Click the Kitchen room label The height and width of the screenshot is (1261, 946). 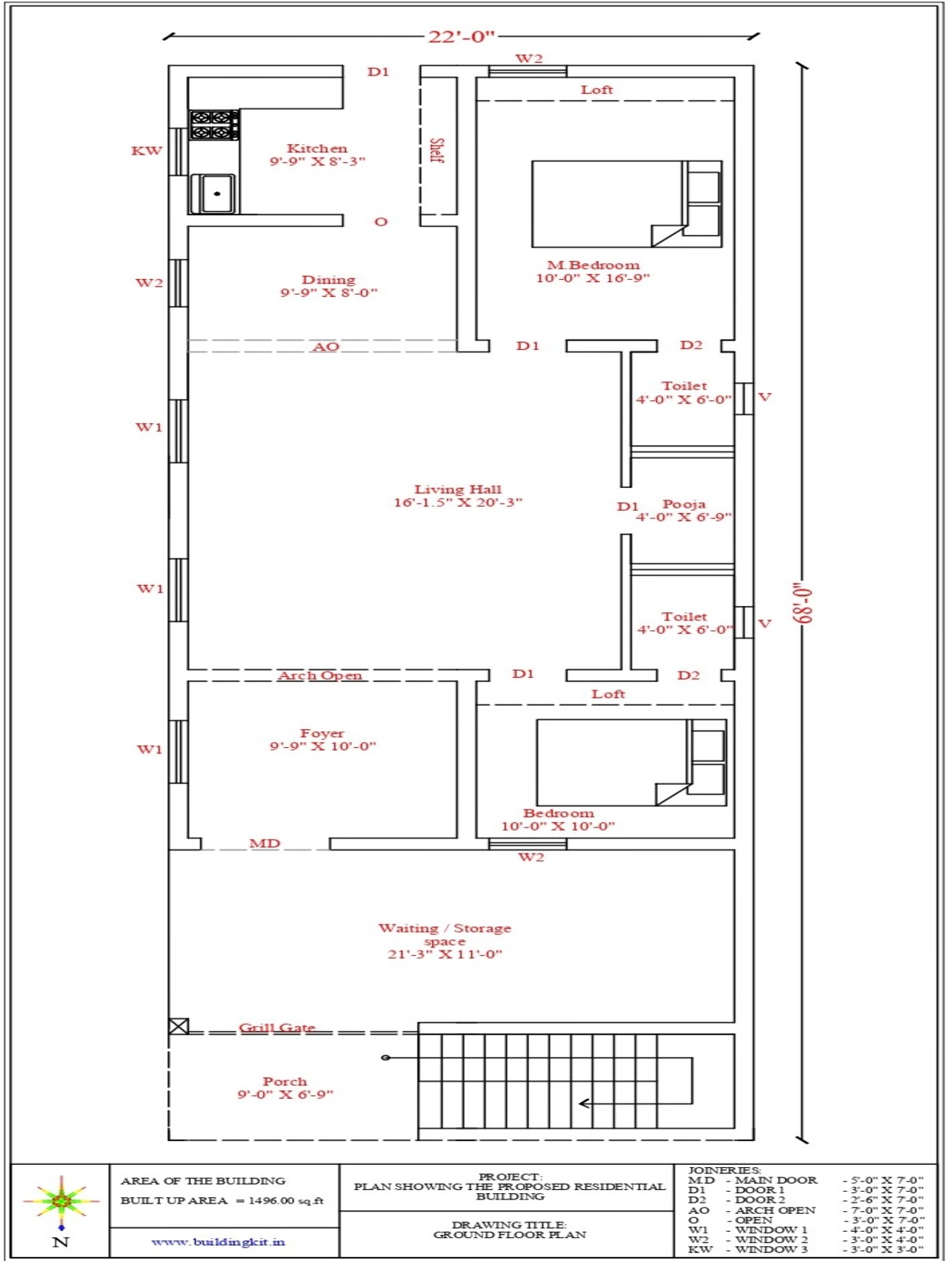[317, 148]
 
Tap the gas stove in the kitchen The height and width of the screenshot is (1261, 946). [214, 125]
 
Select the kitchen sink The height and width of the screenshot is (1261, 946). [213, 194]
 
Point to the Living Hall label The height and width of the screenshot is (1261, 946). [458, 489]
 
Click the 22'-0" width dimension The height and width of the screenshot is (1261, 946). [461, 37]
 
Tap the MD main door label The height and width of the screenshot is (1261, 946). [265, 843]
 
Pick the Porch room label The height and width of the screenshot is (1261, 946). [285, 1081]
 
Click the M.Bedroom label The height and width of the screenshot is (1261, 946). [594, 265]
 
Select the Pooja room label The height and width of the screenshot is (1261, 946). [684, 504]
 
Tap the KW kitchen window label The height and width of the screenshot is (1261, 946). [147, 151]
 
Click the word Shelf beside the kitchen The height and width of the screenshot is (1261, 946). [437, 151]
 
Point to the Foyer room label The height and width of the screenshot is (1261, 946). [322, 733]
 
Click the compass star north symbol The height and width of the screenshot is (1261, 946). [61, 1200]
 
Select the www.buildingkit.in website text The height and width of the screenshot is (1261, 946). [218, 1241]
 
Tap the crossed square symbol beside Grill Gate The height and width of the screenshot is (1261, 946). [179, 1026]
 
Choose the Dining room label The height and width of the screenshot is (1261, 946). [329, 280]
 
